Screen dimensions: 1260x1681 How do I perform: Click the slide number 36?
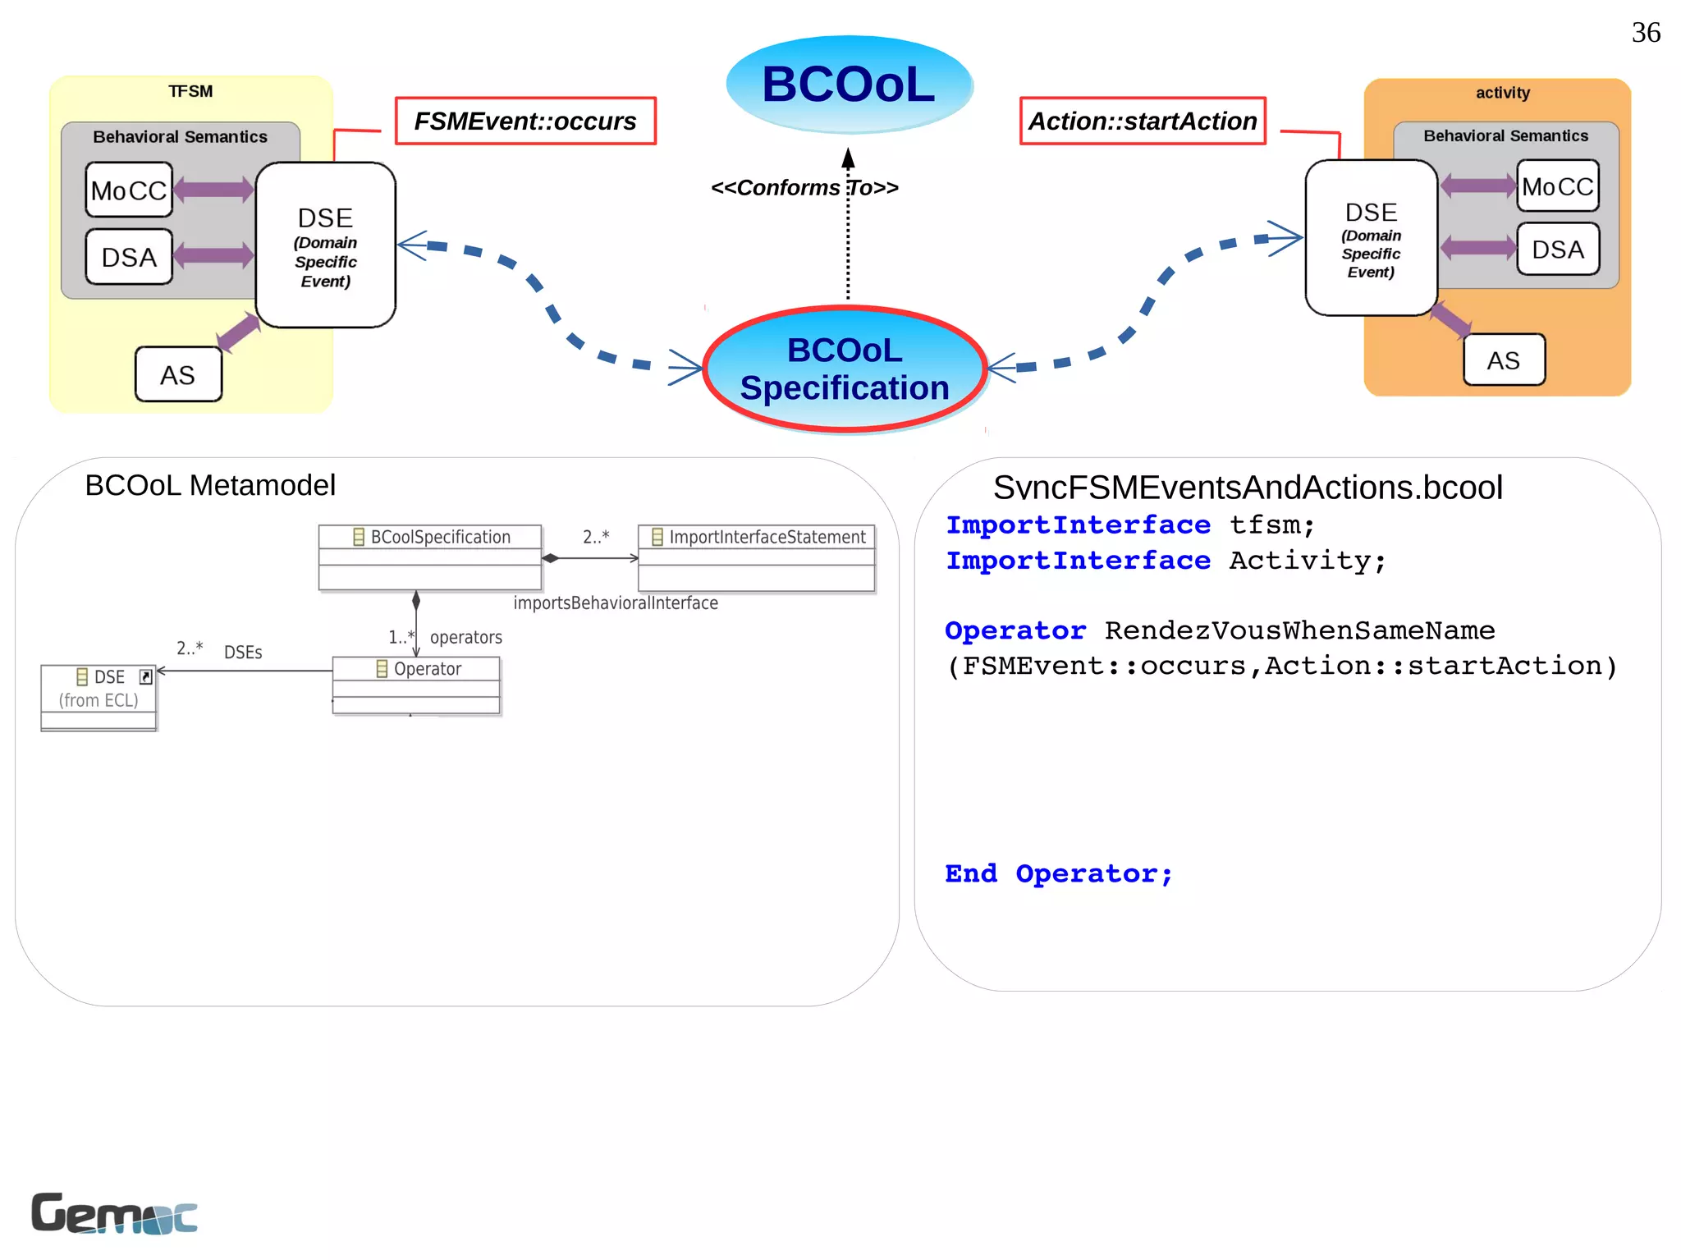pos(1645,33)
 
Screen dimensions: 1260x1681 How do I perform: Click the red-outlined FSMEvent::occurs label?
pos(525,121)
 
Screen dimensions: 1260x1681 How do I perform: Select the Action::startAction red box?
pos(1143,121)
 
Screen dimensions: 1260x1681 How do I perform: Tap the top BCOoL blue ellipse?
pos(849,85)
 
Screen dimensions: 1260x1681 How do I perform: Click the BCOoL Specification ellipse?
pos(845,369)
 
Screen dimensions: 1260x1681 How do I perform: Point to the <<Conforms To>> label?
pos(804,188)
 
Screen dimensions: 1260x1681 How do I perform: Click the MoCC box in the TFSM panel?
pos(129,190)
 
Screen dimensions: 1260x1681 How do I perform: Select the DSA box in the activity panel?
pos(1557,250)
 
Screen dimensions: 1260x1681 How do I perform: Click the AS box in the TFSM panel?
pos(178,375)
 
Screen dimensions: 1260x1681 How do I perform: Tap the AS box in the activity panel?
pos(1504,360)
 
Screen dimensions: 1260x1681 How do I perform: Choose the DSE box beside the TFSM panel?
pos(326,245)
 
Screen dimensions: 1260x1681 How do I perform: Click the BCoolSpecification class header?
pos(431,537)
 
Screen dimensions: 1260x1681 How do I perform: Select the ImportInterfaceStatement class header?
pos(758,537)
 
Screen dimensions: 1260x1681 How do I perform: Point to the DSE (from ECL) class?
pos(98,688)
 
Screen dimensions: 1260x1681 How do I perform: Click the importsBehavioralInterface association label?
pos(616,603)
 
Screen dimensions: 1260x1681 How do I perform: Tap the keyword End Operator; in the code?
pos(1059,873)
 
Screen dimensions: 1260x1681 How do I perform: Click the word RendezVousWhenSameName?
pos(1299,630)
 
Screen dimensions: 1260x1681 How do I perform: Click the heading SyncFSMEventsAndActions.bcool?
pos(1248,488)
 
